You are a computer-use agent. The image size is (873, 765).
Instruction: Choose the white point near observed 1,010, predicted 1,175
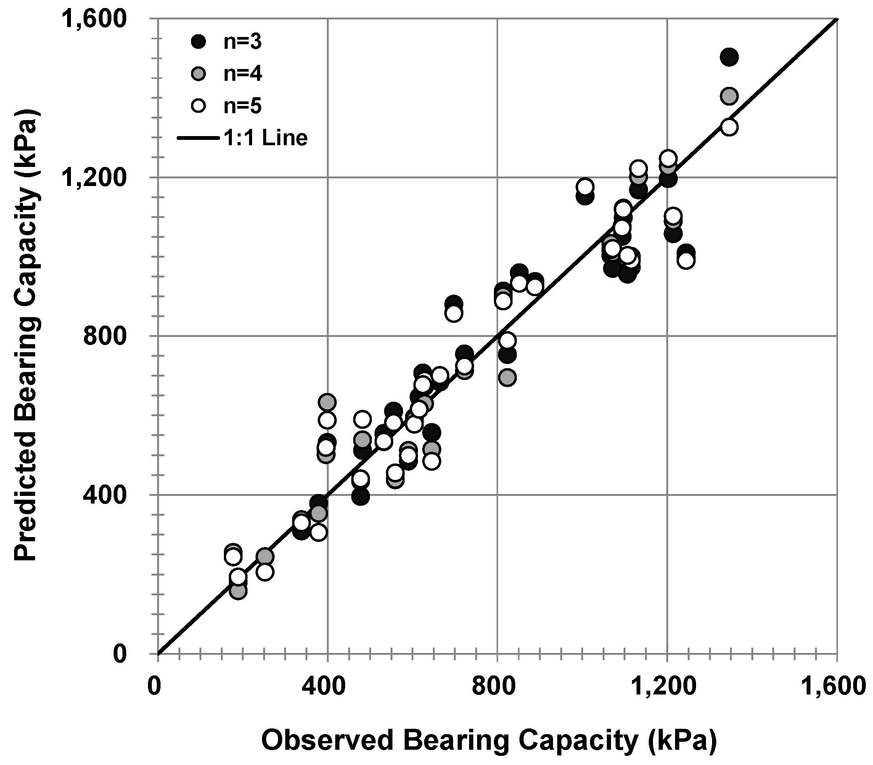(x=585, y=186)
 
